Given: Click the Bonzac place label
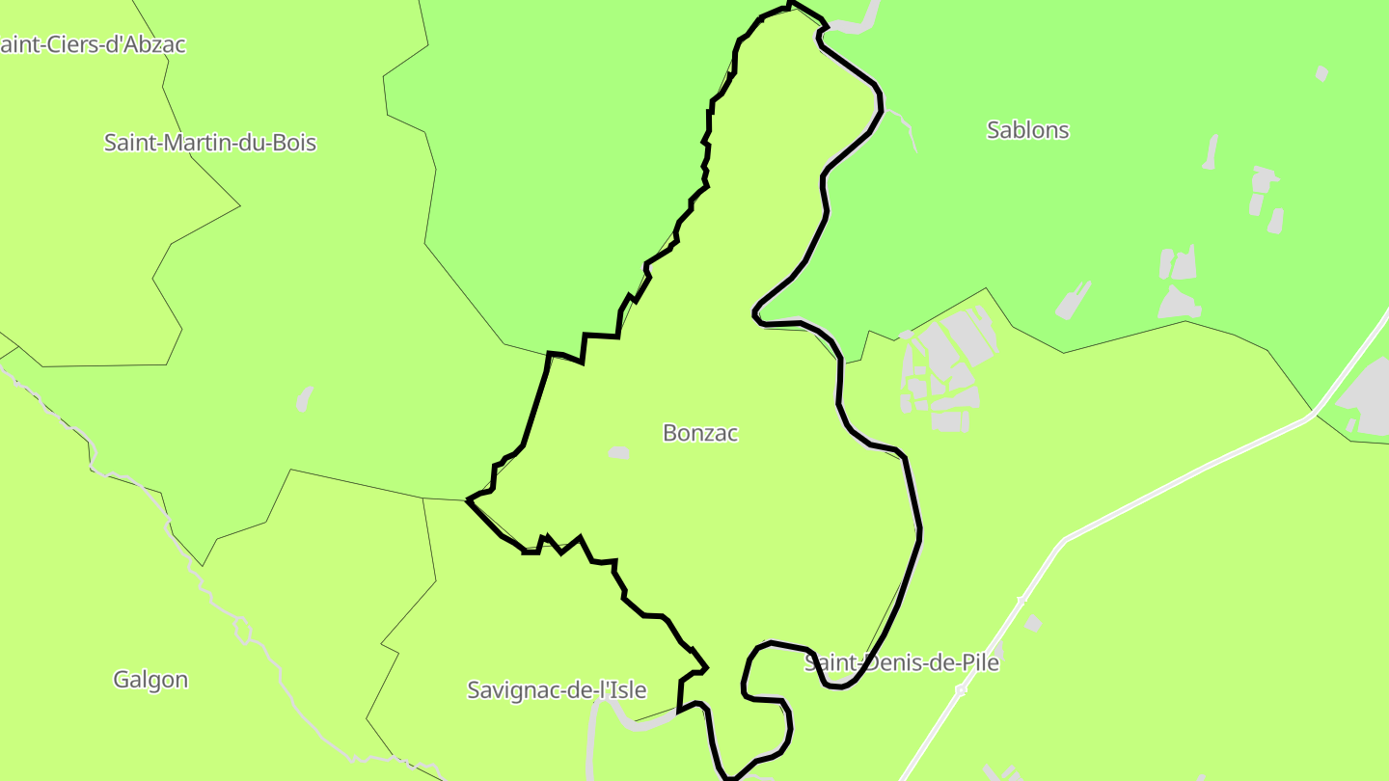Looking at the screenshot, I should click(x=700, y=433).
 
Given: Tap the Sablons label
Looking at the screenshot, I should click(x=1027, y=130).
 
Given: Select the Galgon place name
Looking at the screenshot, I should click(x=150, y=680).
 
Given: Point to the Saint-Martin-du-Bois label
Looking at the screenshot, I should click(x=210, y=143).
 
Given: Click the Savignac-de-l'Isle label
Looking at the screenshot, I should click(x=557, y=690).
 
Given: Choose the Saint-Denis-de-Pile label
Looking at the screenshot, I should click(x=902, y=663).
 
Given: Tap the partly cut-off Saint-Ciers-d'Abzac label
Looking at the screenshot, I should click(x=94, y=44).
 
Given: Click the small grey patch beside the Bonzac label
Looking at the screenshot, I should click(x=618, y=452).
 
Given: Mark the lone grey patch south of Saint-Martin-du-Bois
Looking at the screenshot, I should click(x=305, y=398).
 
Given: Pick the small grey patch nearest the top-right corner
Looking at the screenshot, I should click(x=1321, y=73).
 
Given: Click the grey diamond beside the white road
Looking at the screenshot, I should click(x=1033, y=624).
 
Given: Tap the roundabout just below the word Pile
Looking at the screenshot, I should click(x=960, y=690).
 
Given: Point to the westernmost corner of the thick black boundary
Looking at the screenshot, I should click(x=468, y=499).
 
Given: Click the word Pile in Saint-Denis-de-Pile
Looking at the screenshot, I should click(x=978, y=663).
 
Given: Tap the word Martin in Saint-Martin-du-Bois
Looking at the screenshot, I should click(x=199, y=143).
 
